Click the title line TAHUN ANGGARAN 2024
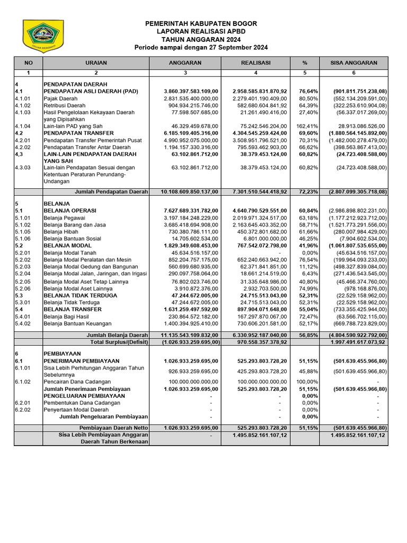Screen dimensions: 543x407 coord(201,40)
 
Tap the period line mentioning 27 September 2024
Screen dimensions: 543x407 coord(201,48)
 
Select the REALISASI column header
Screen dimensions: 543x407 coord(256,63)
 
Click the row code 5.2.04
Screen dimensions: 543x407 coord(24,274)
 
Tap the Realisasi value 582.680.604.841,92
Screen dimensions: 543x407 coord(260,105)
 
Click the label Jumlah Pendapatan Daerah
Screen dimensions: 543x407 coord(111,191)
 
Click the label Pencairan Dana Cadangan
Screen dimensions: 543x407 coord(77,381)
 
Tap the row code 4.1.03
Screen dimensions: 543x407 coord(24,112)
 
